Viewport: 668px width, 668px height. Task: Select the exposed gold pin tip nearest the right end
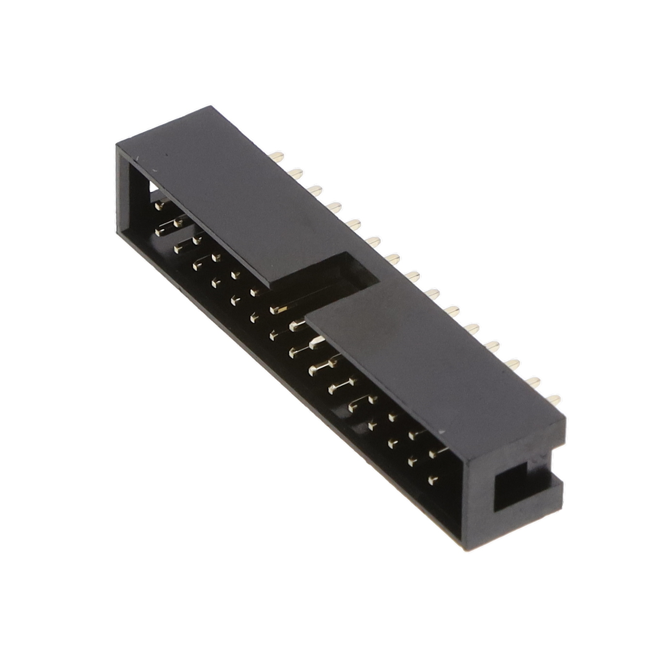[x=554, y=399]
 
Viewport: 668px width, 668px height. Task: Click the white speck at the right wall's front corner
[x=441, y=430]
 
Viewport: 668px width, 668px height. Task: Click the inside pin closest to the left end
[x=159, y=206]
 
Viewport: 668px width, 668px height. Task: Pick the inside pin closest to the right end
[x=433, y=480]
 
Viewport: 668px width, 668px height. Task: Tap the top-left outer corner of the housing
[x=116, y=143]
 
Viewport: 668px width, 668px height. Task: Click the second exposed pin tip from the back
[x=296, y=173]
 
